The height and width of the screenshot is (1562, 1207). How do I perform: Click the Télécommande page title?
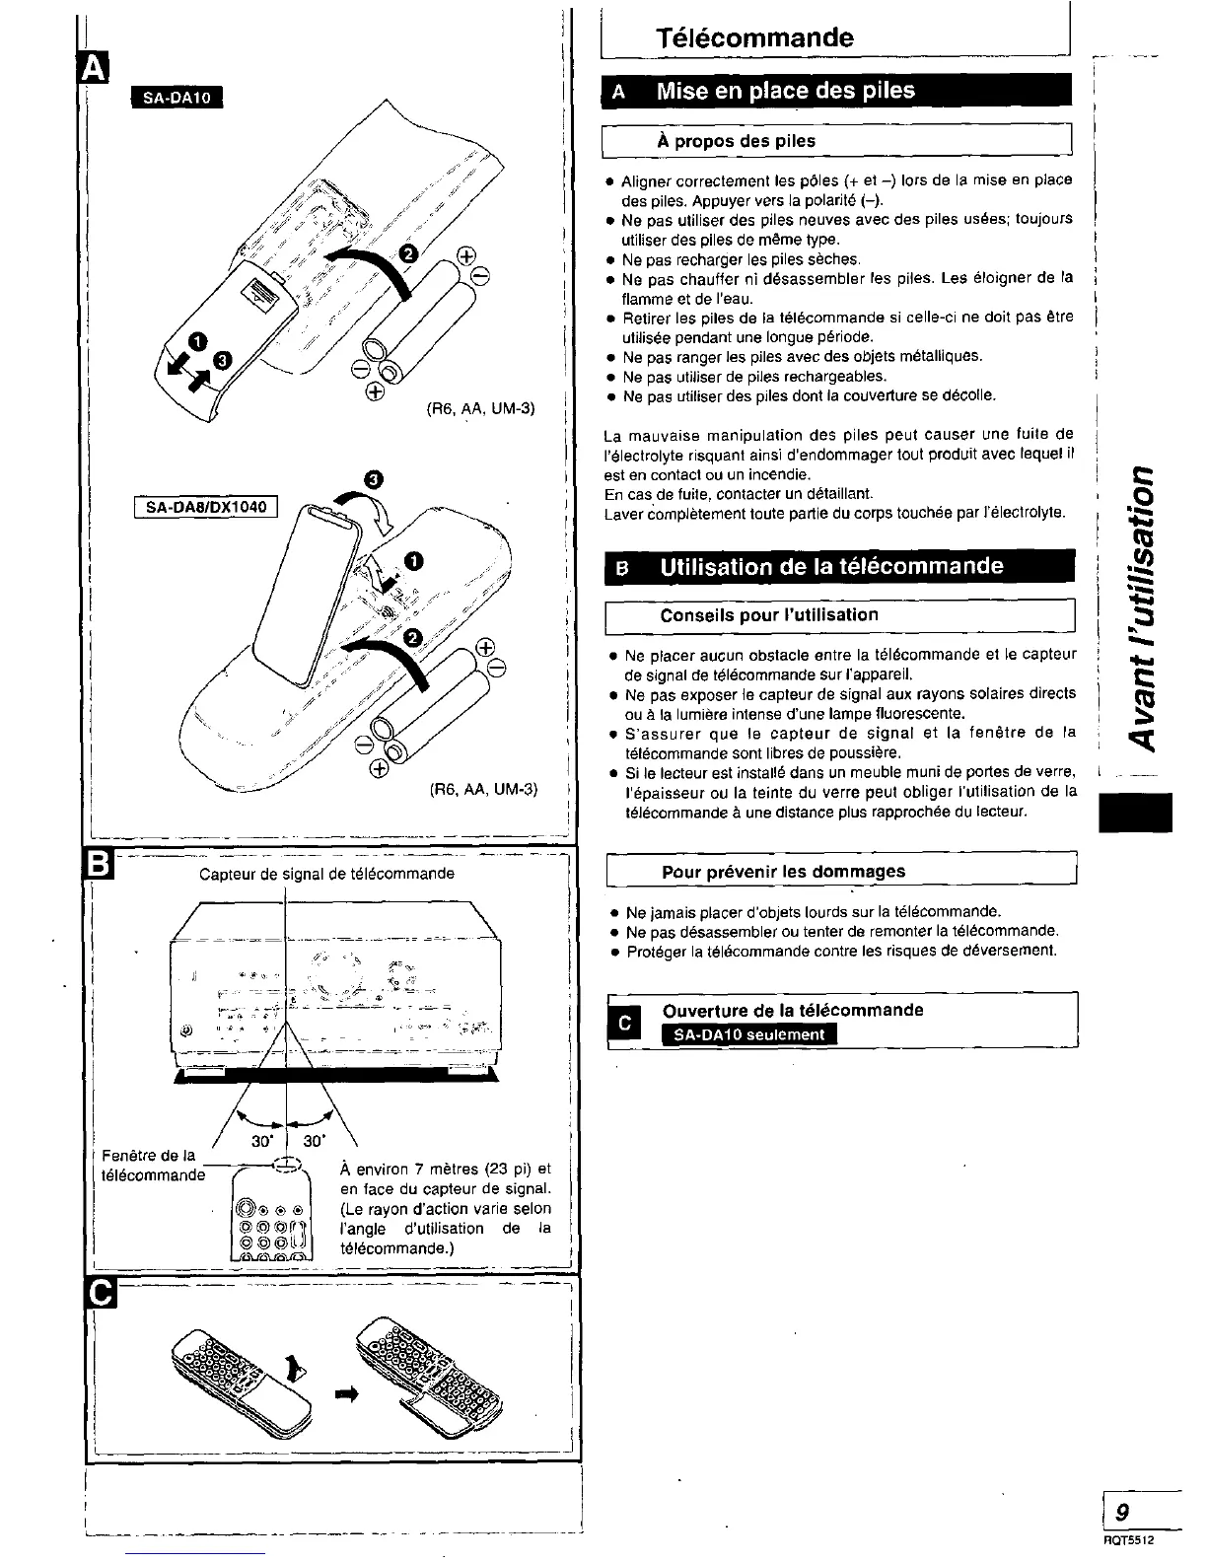pyautogui.click(x=754, y=38)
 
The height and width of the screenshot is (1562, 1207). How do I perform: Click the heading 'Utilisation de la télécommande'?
pyautogui.click(x=831, y=567)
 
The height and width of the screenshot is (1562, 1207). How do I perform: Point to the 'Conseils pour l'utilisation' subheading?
pyautogui.click(x=768, y=615)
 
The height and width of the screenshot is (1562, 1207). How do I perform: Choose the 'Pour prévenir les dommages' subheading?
pyautogui.click(x=783, y=872)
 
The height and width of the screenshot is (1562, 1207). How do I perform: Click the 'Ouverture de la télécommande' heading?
pyautogui.click(x=793, y=1010)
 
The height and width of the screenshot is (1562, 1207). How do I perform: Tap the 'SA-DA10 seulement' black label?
pyautogui.click(x=749, y=1034)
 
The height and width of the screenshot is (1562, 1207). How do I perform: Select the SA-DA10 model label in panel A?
pyautogui.click(x=177, y=97)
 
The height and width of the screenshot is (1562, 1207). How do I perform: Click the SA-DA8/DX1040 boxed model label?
pyautogui.click(x=206, y=508)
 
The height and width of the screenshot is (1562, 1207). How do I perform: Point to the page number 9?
pyautogui.click(x=1122, y=1511)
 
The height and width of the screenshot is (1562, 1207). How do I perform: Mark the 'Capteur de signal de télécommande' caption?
pyautogui.click(x=326, y=874)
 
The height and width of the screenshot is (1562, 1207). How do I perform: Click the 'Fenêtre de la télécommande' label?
pyautogui.click(x=153, y=1165)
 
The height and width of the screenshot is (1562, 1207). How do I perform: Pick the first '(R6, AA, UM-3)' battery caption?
pyautogui.click(x=480, y=407)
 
